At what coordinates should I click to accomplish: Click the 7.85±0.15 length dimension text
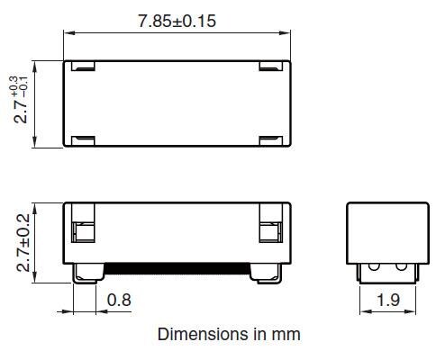click(177, 21)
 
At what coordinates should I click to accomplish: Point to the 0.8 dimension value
click(118, 301)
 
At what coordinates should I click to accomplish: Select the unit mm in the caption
click(286, 334)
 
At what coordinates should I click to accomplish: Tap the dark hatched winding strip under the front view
click(177, 267)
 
